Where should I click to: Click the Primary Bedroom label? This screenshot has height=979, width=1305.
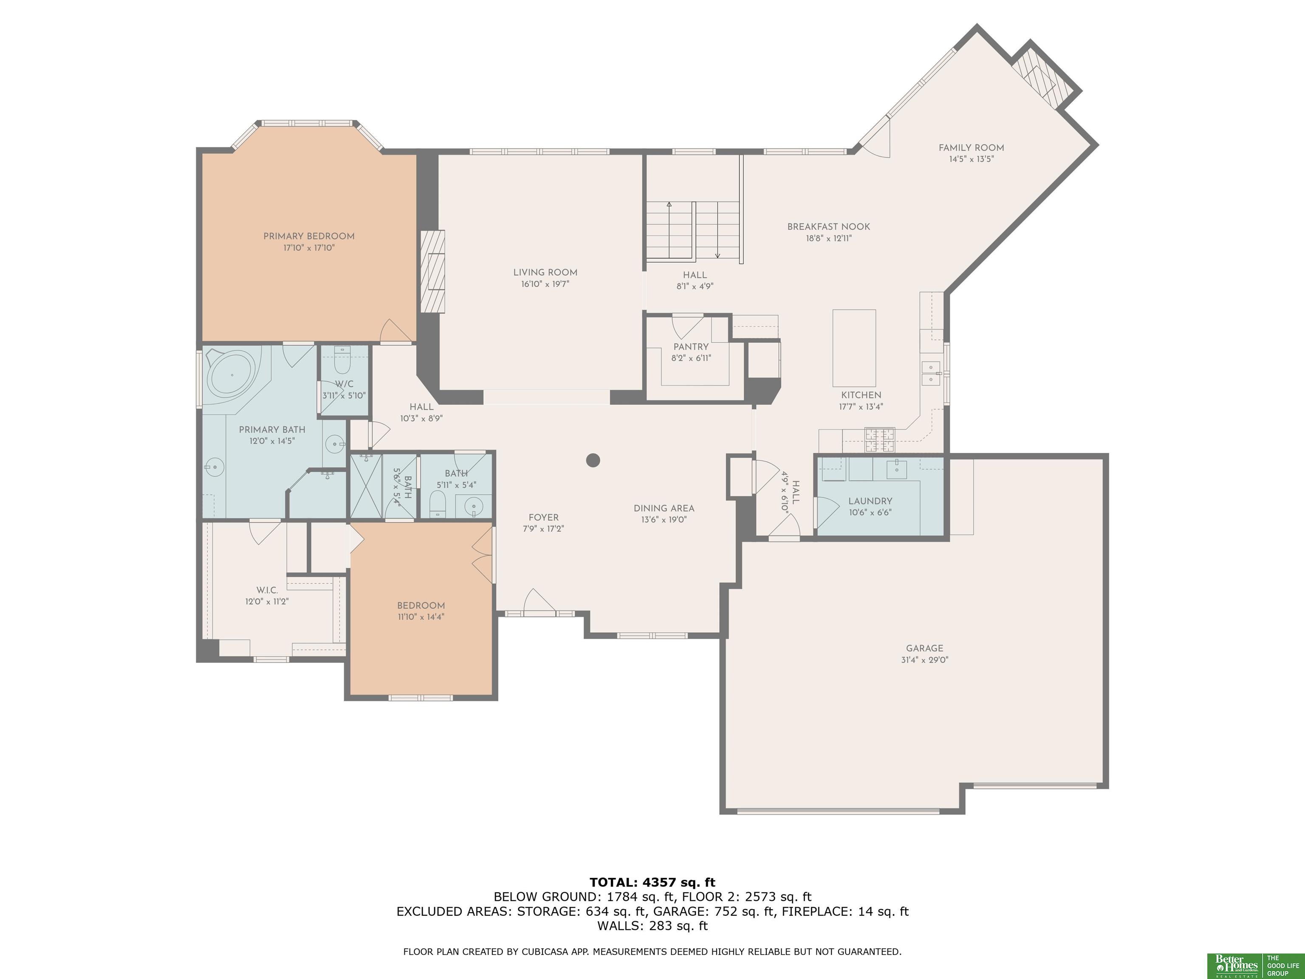[x=308, y=236]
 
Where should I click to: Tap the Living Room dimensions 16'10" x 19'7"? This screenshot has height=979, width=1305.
[x=545, y=284]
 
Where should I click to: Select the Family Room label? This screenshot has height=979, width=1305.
[x=971, y=147]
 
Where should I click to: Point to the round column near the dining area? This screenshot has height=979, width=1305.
[x=593, y=460]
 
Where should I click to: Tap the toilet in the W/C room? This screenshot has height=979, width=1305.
[x=342, y=361]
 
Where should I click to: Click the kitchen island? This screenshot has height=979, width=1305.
[x=854, y=348]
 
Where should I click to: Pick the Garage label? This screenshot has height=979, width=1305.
[x=924, y=648]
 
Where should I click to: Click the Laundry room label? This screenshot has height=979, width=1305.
[x=870, y=501]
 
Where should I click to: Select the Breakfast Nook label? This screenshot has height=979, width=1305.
[x=828, y=226]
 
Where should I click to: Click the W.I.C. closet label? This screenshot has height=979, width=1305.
[x=267, y=590]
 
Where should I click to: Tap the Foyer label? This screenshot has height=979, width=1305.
[x=543, y=518]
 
